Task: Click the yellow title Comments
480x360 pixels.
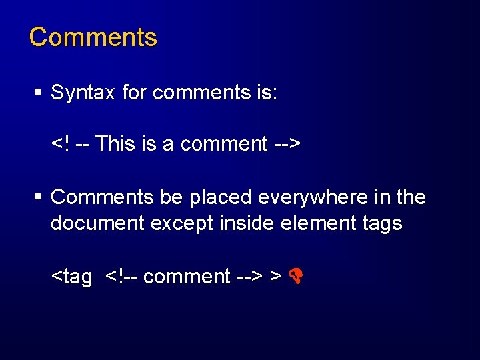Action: click(93, 37)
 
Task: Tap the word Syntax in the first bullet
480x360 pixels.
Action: click(83, 93)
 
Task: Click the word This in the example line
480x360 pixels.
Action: click(116, 143)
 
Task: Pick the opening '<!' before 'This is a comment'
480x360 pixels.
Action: click(60, 143)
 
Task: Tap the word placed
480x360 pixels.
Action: click(221, 197)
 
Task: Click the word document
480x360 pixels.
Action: click(98, 223)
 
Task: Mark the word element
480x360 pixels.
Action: click(314, 223)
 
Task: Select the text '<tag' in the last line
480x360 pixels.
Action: click(72, 276)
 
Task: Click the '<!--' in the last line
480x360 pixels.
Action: click(122, 276)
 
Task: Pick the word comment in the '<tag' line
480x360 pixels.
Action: click(187, 276)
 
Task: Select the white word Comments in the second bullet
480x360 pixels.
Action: click(103, 197)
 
